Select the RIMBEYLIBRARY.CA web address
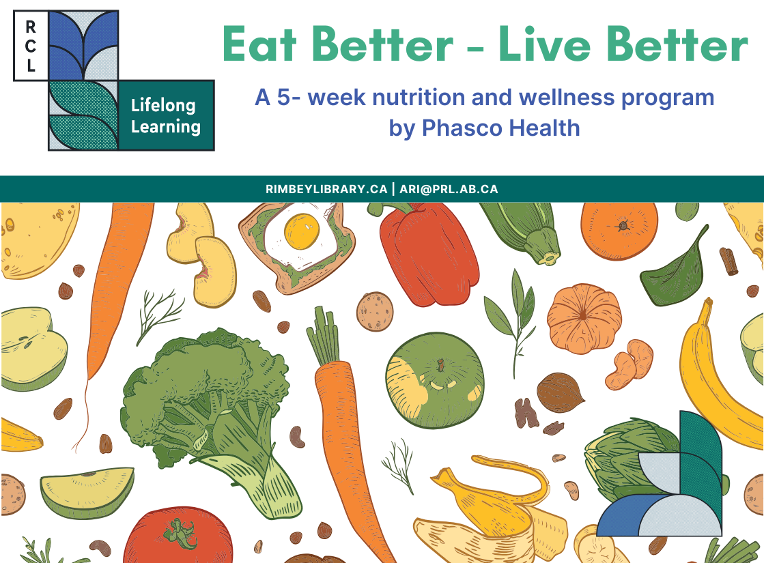(326, 189)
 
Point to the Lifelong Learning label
(166, 115)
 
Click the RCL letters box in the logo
(31, 46)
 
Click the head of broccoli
(198, 382)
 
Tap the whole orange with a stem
(619, 229)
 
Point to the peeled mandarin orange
(584, 319)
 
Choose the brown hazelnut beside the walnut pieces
(560, 392)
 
